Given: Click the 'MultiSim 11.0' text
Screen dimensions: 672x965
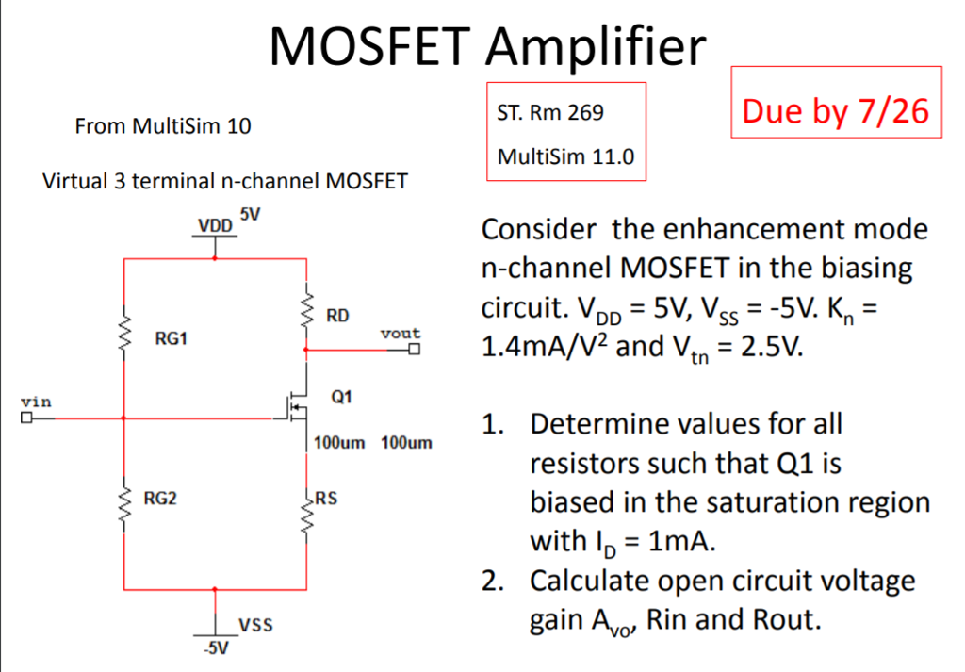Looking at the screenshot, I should [565, 156].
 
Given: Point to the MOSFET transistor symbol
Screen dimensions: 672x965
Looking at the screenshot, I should [297, 403].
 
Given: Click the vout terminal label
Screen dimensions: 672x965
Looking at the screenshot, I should [401, 334].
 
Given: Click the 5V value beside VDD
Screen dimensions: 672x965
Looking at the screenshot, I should [250, 214].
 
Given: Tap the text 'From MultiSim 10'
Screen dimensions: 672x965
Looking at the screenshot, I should [162, 125].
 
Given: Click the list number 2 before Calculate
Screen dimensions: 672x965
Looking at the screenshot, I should [492, 580].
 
